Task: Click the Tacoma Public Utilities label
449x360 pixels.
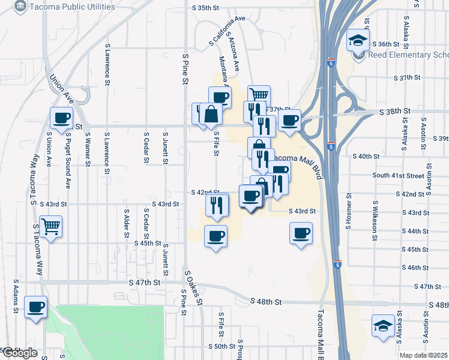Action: pyautogui.click(x=62, y=7)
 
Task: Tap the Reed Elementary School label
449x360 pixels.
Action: pyautogui.click(x=408, y=55)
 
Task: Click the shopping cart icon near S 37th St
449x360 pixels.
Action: pyautogui.click(x=259, y=95)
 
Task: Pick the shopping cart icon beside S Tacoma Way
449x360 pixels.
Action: pyautogui.click(x=51, y=227)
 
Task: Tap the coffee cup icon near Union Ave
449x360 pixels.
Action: pyautogui.click(x=61, y=118)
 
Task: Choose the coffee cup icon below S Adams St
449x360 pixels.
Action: pyautogui.click(x=35, y=308)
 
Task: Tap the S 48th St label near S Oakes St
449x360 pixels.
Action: pyautogui.click(x=266, y=302)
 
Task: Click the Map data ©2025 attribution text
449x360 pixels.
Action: pyautogui.click(x=424, y=355)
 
